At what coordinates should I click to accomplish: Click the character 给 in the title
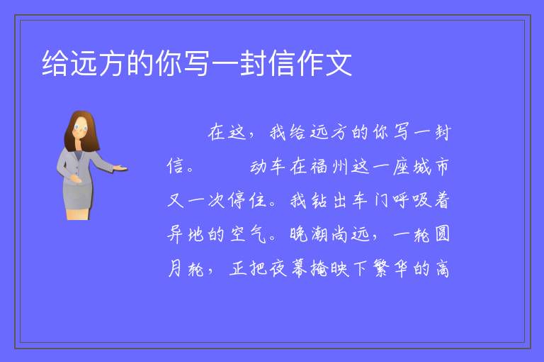tap(55, 63)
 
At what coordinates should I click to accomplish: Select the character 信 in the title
tap(282, 63)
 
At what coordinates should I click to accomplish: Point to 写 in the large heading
tap(197, 63)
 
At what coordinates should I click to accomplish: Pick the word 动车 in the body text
tap(268, 167)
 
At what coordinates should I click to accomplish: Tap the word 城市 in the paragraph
tap(431, 167)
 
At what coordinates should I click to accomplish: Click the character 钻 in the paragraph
tap(319, 200)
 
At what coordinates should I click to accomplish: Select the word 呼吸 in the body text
tap(412, 200)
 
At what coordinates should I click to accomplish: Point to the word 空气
tap(248, 234)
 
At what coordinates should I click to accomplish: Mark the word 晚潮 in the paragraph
tap(309, 234)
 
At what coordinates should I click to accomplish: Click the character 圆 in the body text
tap(442, 234)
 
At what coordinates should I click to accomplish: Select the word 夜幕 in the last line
tap(288, 268)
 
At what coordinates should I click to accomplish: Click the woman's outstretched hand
tap(120, 168)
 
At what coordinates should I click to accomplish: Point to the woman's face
tap(81, 128)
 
